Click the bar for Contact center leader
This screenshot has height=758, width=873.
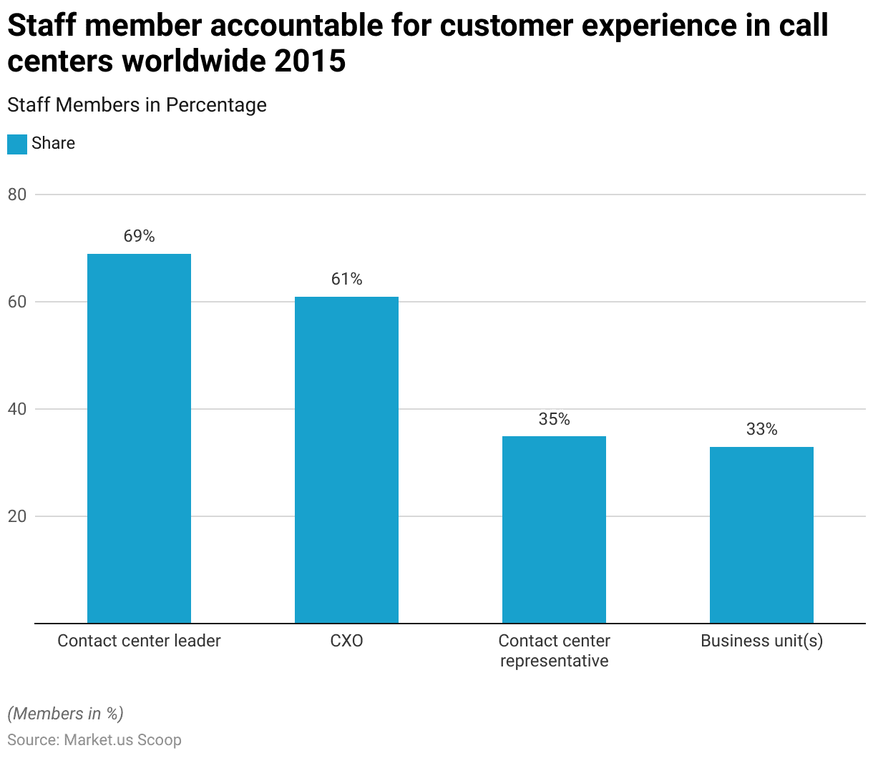139,438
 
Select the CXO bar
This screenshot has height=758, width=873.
346,460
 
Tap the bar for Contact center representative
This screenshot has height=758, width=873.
554,530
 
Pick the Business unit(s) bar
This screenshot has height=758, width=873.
761,535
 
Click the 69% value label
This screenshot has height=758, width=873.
139,236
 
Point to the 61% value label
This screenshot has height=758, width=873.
346,279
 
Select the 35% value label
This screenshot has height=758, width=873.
554,419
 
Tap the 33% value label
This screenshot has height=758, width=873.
761,429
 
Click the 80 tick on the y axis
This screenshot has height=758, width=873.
17,195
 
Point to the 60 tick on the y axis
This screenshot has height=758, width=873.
17,302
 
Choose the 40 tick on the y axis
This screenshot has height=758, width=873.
17,409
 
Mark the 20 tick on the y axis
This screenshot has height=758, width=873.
17,516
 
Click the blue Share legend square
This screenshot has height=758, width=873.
17,144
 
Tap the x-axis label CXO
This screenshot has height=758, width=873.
346,641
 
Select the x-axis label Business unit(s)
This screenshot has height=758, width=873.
761,641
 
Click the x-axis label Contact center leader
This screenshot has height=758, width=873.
139,641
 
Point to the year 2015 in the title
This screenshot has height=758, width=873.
309,61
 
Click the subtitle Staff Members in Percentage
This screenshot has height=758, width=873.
137,105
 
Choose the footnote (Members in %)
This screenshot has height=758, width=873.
65,714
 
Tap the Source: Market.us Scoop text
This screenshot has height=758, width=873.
94,740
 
